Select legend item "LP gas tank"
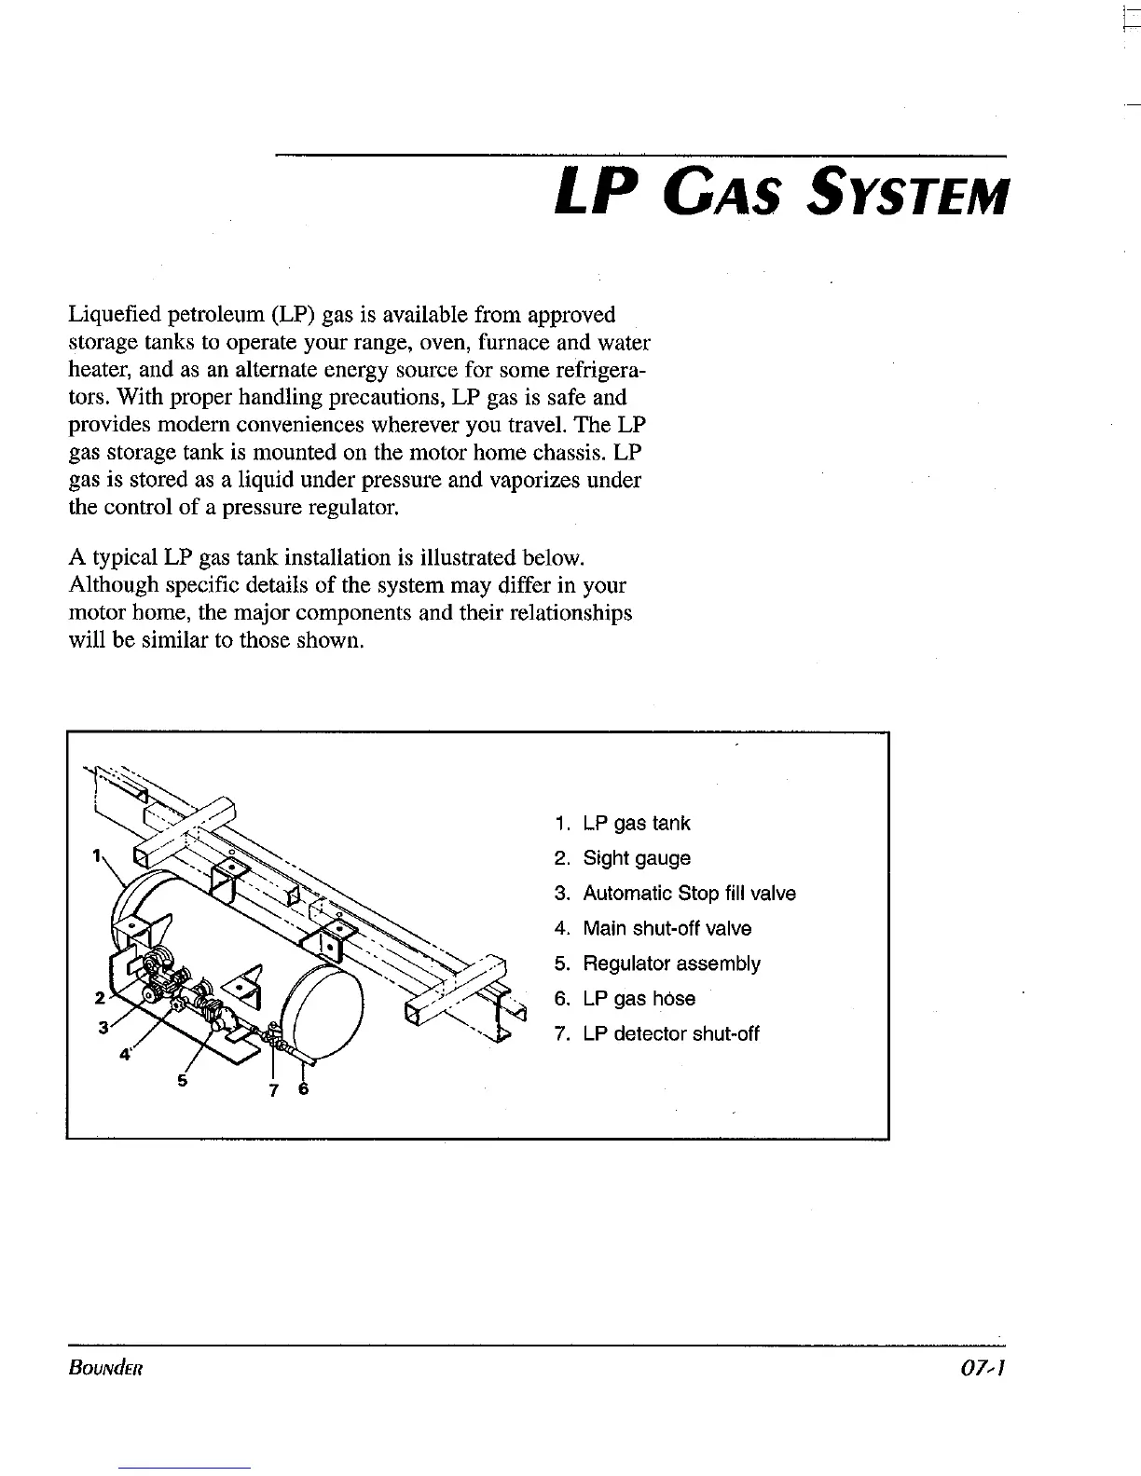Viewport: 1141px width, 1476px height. [x=636, y=824]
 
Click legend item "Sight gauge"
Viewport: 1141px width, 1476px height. [x=636, y=858]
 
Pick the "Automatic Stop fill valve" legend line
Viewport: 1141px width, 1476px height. [x=689, y=894]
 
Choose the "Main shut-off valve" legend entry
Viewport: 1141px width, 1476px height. [x=667, y=929]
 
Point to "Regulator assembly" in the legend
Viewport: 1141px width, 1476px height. [x=671, y=963]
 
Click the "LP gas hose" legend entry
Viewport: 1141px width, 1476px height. [x=639, y=999]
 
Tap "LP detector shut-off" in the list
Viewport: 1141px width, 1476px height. [x=670, y=1034]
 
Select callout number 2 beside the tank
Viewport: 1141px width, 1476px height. [x=99, y=997]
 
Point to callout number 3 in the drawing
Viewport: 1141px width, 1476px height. [x=104, y=1027]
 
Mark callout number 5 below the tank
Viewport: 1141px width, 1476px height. [x=183, y=1081]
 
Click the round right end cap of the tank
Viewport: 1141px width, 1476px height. [x=327, y=1012]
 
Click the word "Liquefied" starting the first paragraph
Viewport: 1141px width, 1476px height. [x=110, y=315]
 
